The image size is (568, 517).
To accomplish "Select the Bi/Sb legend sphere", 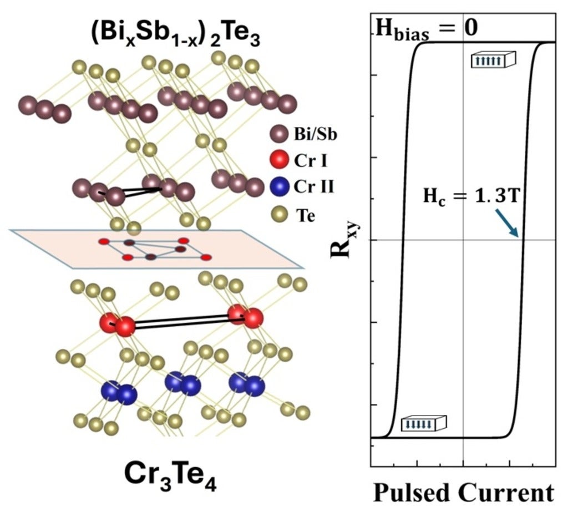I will [x=277, y=135].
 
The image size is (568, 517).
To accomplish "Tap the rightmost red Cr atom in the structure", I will [x=253, y=319].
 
